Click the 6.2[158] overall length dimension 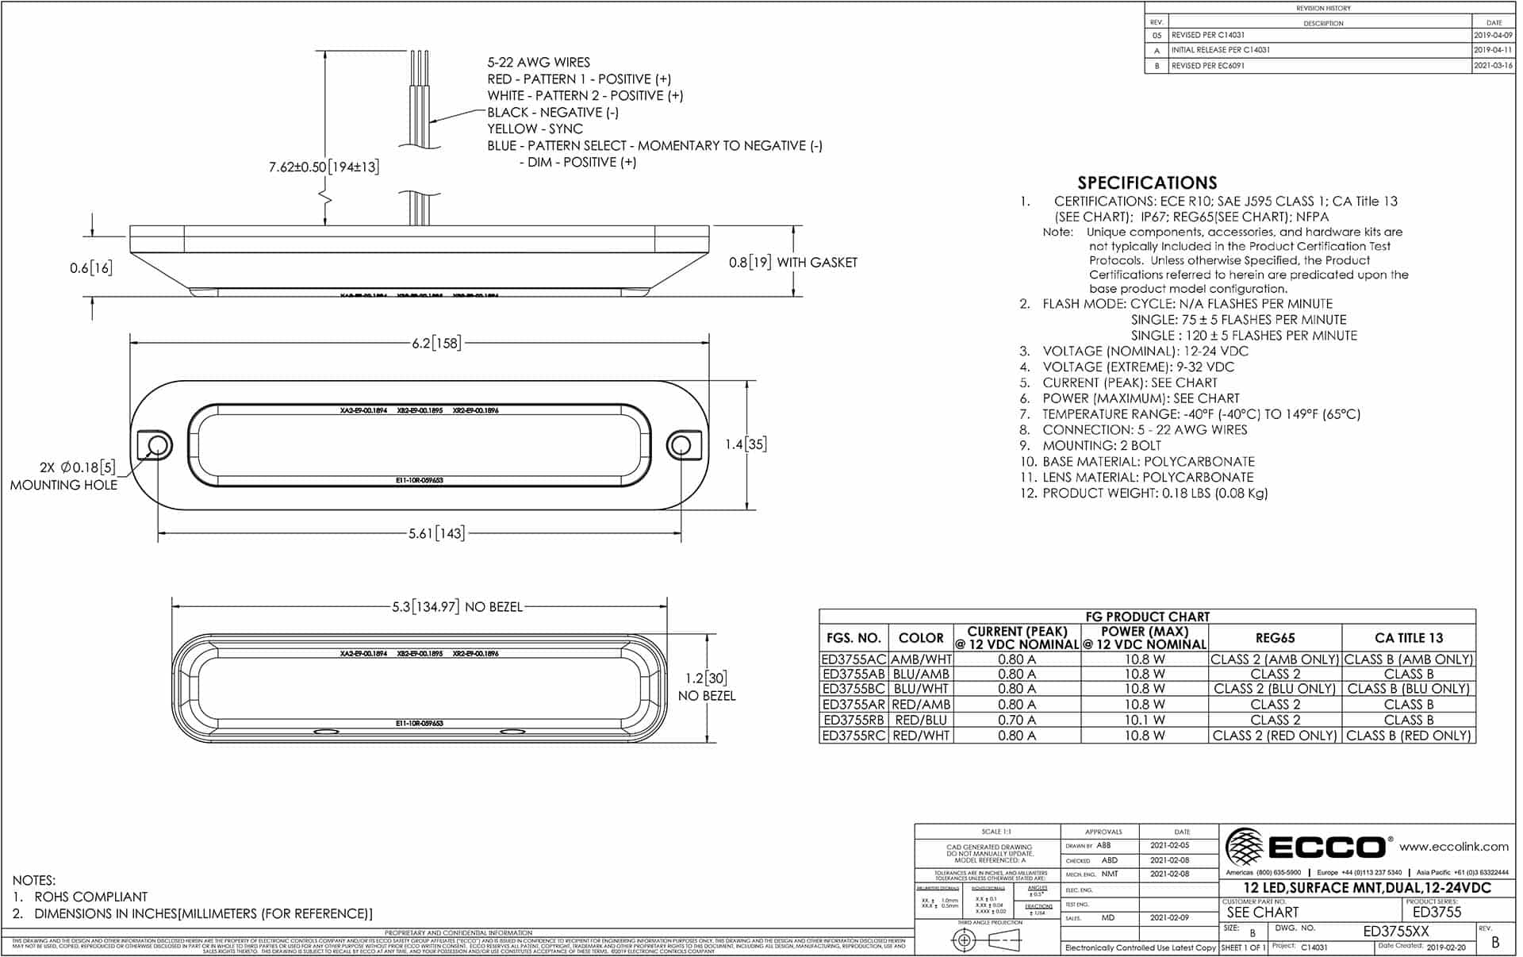pos(435,343)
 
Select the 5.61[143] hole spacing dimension pos(435,533)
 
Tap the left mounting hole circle pos(158,444)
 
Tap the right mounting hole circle pos(680,444)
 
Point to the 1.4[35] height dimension pos(746,444)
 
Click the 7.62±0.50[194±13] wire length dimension pos(324,167)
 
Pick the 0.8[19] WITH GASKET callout pos(792,263)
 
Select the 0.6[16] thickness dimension pos(90,267)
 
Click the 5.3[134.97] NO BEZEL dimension pos(457,607)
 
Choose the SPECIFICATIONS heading pos(1146,183)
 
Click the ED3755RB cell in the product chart pos(853,721)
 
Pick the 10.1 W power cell pos(1144,721)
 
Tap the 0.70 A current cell pos(1016,721)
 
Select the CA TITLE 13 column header pos(1408,638)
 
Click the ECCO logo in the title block pos(1306,847)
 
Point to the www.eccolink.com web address pos(1453,847)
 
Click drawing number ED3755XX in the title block pos(1395,932)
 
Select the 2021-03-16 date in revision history pos(1492,66)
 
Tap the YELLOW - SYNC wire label pos(535,129)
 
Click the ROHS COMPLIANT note pos(90,897)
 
